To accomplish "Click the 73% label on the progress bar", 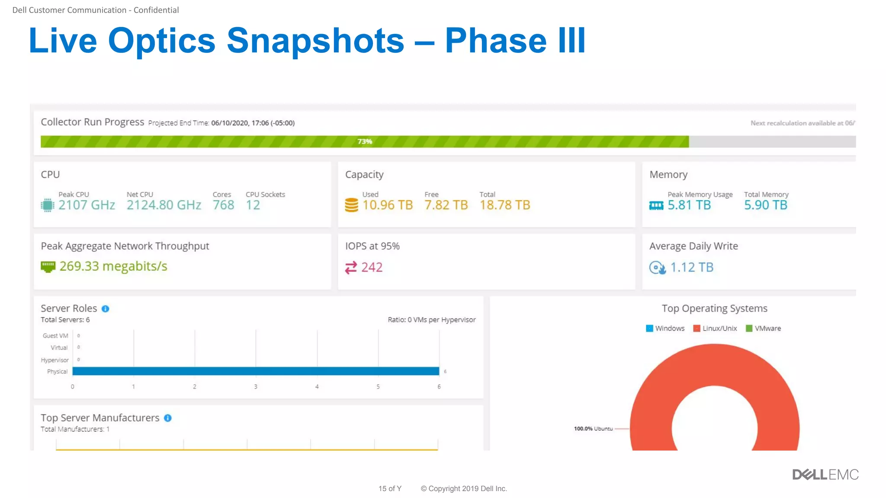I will tap(365, 141).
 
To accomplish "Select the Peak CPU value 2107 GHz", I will tap(87, 205).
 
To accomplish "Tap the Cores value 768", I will tap(223, 205).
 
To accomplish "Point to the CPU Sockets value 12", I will tap(253, 205).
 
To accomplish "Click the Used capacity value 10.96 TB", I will tap(388, 205).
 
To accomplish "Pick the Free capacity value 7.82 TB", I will tap(446, 205).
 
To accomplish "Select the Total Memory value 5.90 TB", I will tap(765, 205).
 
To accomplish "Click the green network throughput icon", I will tap(48, 267).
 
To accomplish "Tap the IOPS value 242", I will tap(372, 267).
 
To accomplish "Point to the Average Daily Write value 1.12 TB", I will tap(691, 267).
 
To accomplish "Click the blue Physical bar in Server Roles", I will tap(256, 371).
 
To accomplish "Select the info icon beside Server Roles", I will tap(105, 309).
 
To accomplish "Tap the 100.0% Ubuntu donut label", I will tap(593, 429).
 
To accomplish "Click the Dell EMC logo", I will tap(825, 475).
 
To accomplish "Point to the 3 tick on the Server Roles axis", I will tap(256, 386).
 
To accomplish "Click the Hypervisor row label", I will tap(55, 360).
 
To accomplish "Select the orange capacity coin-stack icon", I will tap(351, 205).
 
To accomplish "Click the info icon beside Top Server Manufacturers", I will tap(168, 418).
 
